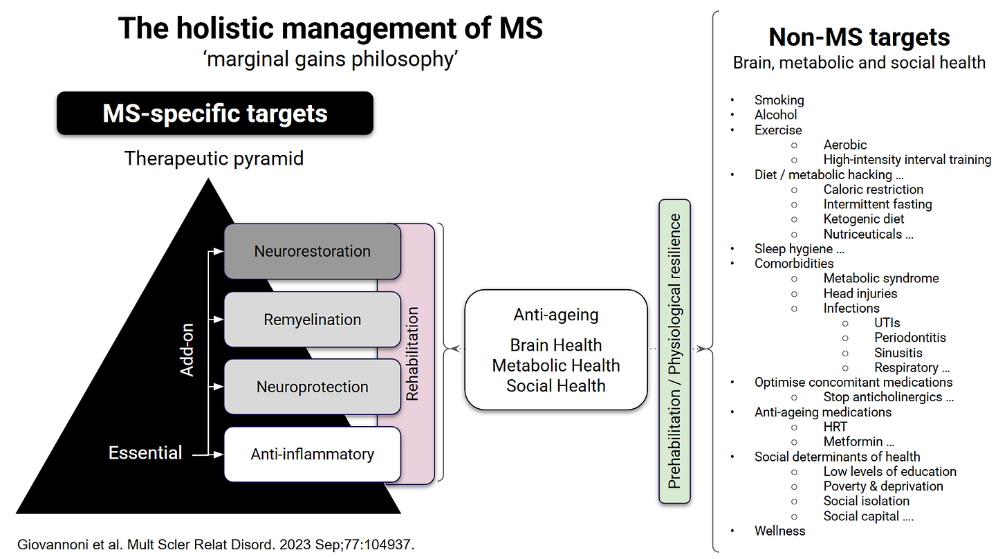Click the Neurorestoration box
[x=313, y=251]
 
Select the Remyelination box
[x=313, y=320]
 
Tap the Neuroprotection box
[x=313, y=387]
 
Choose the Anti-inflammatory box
[x=313, y=455]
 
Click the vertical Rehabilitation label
[x=412, y=354]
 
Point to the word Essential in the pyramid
[x=145, y=452]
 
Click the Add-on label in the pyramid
[x=187, y=349]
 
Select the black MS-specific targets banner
[x=215, y=113]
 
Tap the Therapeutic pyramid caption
[x=214, y=158]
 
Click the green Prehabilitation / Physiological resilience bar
[x=674, y=351]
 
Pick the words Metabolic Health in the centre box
[x=556, y=365]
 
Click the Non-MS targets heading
[x=859, y=37]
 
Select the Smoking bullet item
[x=779, y=100]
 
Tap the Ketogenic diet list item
[x=864, y=219]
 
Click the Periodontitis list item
[x=910, y=338]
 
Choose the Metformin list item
[x=859, y=441]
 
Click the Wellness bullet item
[x=780, y=531]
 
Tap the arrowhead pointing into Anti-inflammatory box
[x=219, y=455]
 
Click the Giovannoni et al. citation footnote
[x=216, y=544]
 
